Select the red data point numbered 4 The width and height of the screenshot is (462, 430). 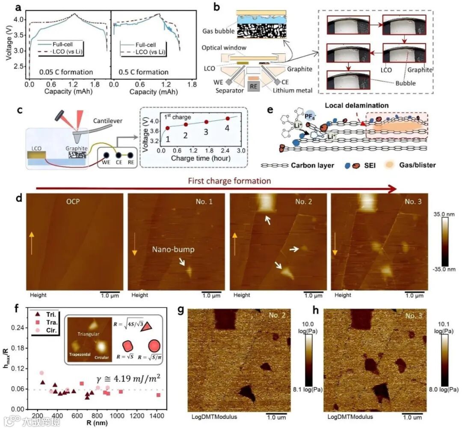click(x=228, y=118)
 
